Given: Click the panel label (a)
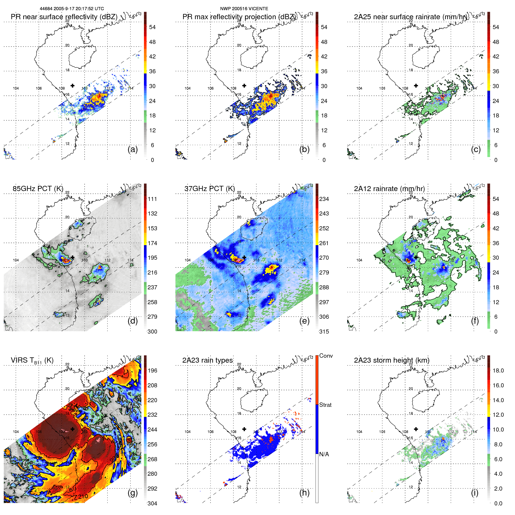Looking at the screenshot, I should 133,149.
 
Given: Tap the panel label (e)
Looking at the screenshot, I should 304,321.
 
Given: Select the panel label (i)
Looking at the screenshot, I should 475,493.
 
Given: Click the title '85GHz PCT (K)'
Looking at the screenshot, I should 38,188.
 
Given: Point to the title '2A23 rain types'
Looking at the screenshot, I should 207,360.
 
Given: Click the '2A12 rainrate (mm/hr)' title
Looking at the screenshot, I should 389,188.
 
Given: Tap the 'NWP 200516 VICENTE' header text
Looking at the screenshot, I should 244,9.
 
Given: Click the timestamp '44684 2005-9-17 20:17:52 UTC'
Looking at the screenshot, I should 72,9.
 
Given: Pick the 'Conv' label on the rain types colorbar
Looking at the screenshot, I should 326,356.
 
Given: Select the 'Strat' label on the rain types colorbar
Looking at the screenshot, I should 325,405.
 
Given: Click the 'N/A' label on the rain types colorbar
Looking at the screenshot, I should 324,454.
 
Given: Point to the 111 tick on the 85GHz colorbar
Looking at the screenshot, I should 152,199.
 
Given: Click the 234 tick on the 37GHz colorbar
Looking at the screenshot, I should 324,199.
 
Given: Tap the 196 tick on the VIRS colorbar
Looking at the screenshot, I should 152,370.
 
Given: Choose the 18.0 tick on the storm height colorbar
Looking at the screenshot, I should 498,370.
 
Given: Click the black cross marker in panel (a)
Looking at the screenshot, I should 72,85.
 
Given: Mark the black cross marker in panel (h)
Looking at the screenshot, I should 244,429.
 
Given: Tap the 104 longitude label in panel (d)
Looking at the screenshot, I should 16,260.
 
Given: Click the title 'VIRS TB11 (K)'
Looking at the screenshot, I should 32,360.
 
